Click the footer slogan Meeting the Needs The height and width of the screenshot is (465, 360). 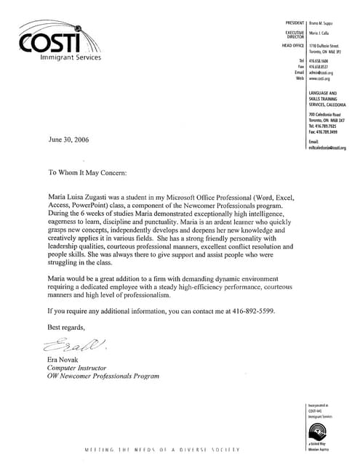coord(164,450)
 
